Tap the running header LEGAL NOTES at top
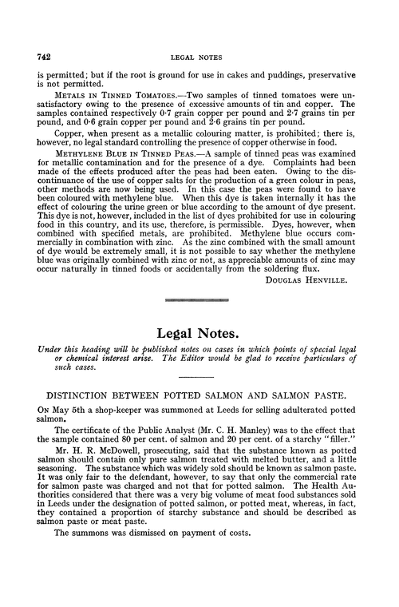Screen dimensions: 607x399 point(199,58)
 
